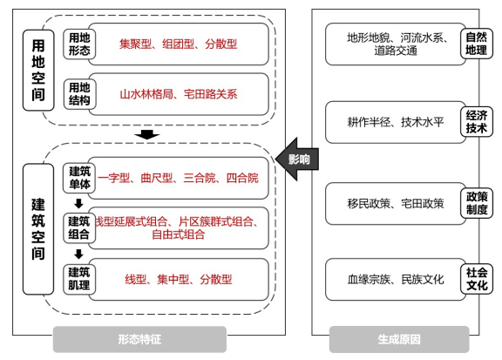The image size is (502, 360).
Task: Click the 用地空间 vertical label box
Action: click(x=37, y=69)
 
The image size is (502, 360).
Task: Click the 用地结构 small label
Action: click(x=78, y=93)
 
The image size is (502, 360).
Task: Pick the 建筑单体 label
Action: click(x=78, y=178)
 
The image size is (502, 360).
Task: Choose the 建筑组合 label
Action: click(x=78, y=228)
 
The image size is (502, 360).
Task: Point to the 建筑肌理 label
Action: click(x=78, y=279)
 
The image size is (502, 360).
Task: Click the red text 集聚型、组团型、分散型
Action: click(x=178, y=43)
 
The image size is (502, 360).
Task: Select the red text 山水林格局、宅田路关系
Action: click(x=178, y=93)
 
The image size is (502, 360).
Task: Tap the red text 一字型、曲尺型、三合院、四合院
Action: click(x=178, y=178)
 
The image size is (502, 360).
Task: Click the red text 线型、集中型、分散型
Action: click(x=178, y=280)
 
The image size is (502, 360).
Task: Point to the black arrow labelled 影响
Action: click(x=295, y=158)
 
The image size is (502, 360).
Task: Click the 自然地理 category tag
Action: click(x=476, y=44)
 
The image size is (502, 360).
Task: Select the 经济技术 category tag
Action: click(x=476, y=121)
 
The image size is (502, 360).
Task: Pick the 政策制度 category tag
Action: click(x=476, y=203)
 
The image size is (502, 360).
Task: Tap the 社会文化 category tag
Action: click(x=476, y=279)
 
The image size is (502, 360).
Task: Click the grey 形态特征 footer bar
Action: click(x=139, y=339)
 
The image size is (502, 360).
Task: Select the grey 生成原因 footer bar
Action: click(x=400, y=339)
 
